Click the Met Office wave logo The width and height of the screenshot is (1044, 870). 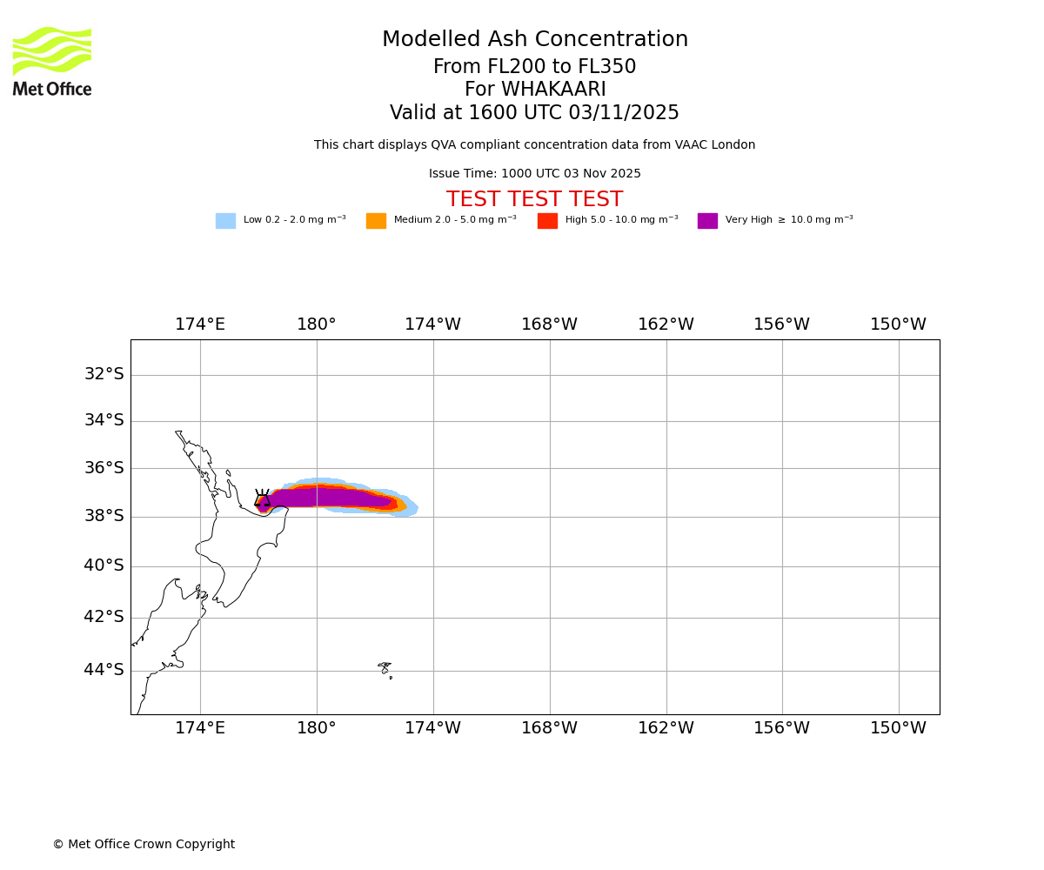click(52, 50)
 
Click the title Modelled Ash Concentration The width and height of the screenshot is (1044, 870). click(535, 40)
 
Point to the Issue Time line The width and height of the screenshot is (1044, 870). click(535, 174)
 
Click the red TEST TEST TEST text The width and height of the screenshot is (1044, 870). click(535, 200)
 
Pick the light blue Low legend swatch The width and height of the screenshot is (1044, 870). click(225, 221)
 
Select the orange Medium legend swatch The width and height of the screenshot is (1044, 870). click(376, 221)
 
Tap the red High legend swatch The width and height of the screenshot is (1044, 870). click(547, 221)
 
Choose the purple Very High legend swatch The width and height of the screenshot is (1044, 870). click(707, 221)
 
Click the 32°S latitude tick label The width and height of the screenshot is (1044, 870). click(104, 374)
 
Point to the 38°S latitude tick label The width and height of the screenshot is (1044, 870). click(104, 516)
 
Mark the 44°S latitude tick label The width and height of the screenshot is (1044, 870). click(104, 670)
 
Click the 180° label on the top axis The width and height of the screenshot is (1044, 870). click(317, 325)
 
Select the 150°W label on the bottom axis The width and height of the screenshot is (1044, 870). click(899, 728)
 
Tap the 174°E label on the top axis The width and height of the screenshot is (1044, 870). click(200, 325)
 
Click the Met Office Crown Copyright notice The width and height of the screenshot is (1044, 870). click(144, 845)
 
